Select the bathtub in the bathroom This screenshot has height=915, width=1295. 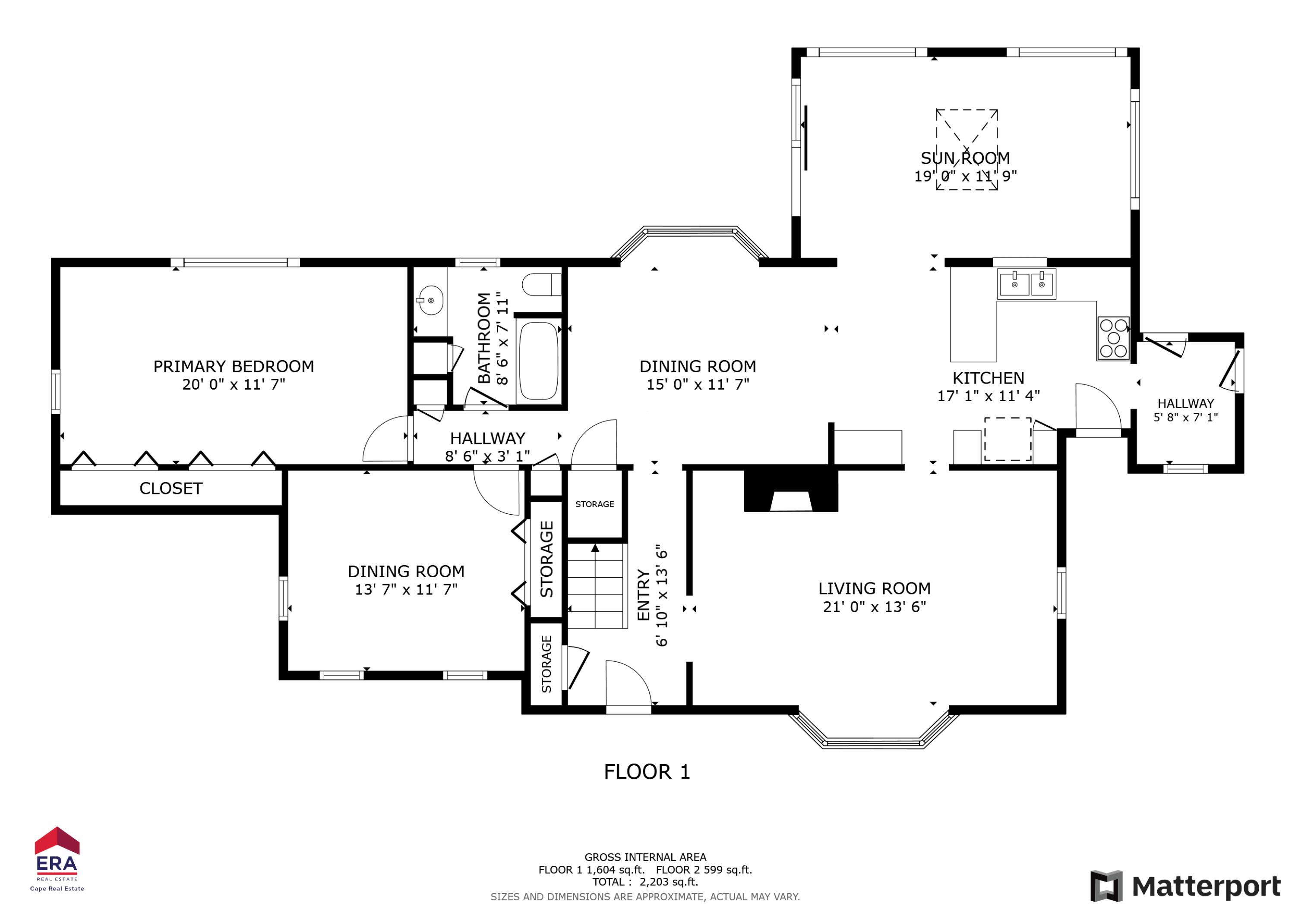tap(539, 361)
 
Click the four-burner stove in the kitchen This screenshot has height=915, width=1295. tap(1113, 338)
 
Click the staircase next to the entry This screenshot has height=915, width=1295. tap(597, 586)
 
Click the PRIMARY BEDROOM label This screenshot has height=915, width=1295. tap(234, 367)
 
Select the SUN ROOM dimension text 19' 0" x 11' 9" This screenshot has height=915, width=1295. tap(965, 176)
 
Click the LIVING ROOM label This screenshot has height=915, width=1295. tap(874, 588)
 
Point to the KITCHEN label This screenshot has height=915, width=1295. tap(988, 378)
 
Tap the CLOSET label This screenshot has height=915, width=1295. tap(171, 489)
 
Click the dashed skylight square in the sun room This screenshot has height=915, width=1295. tap(967, 149)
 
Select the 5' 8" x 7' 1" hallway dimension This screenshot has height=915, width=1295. tap(1186, 418)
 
